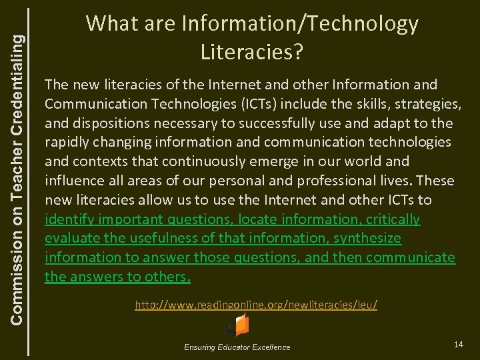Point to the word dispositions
pyautogui.click(x=105, y=123)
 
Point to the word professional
pyautogui.click(x=321, y=181)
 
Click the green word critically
pyautogui.click(x=393, y=219)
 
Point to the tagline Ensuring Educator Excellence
pyautogui.click(x=237, y=347)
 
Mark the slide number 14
pyautogui.click(x=458, y=344)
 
